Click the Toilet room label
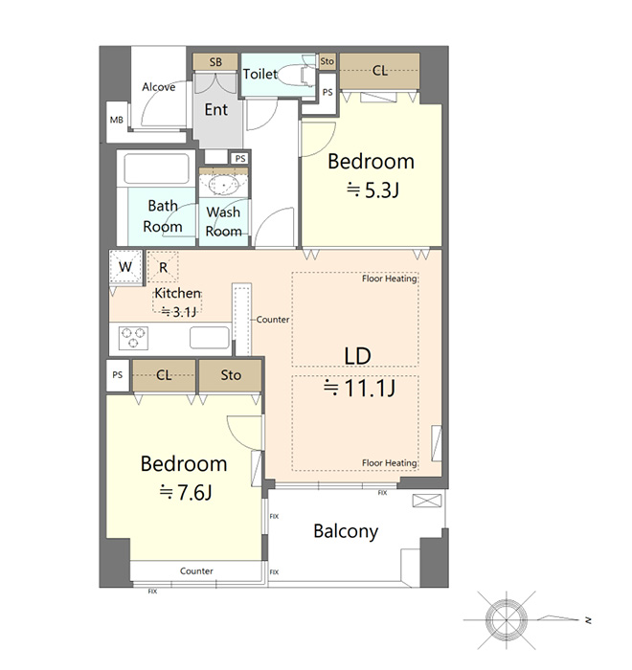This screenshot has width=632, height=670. (260, 75)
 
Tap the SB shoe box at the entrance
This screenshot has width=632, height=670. (215, 62)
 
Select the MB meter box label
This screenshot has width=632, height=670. (116, 120)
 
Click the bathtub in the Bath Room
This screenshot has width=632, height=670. (156, 168)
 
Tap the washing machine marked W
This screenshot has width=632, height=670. (125, 267)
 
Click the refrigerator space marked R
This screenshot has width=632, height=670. (163, 267)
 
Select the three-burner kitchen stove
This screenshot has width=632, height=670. (133, 338)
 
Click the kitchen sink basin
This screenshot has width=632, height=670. (209, 338)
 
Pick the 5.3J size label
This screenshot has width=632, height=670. (372, 190)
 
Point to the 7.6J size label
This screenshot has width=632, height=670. (186, 492)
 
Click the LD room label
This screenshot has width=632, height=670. (357, 356)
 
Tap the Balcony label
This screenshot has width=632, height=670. (346, 531)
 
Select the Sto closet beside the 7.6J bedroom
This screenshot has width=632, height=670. (231, 375)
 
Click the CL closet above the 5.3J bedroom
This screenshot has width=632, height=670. (380, 71)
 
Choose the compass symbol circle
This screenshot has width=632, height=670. (507, 619)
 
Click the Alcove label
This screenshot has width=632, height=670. (159, 87)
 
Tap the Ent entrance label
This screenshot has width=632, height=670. (216, 110)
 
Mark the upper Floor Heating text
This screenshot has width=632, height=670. (389, 279)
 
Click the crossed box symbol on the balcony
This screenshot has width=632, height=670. (427, 501)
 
